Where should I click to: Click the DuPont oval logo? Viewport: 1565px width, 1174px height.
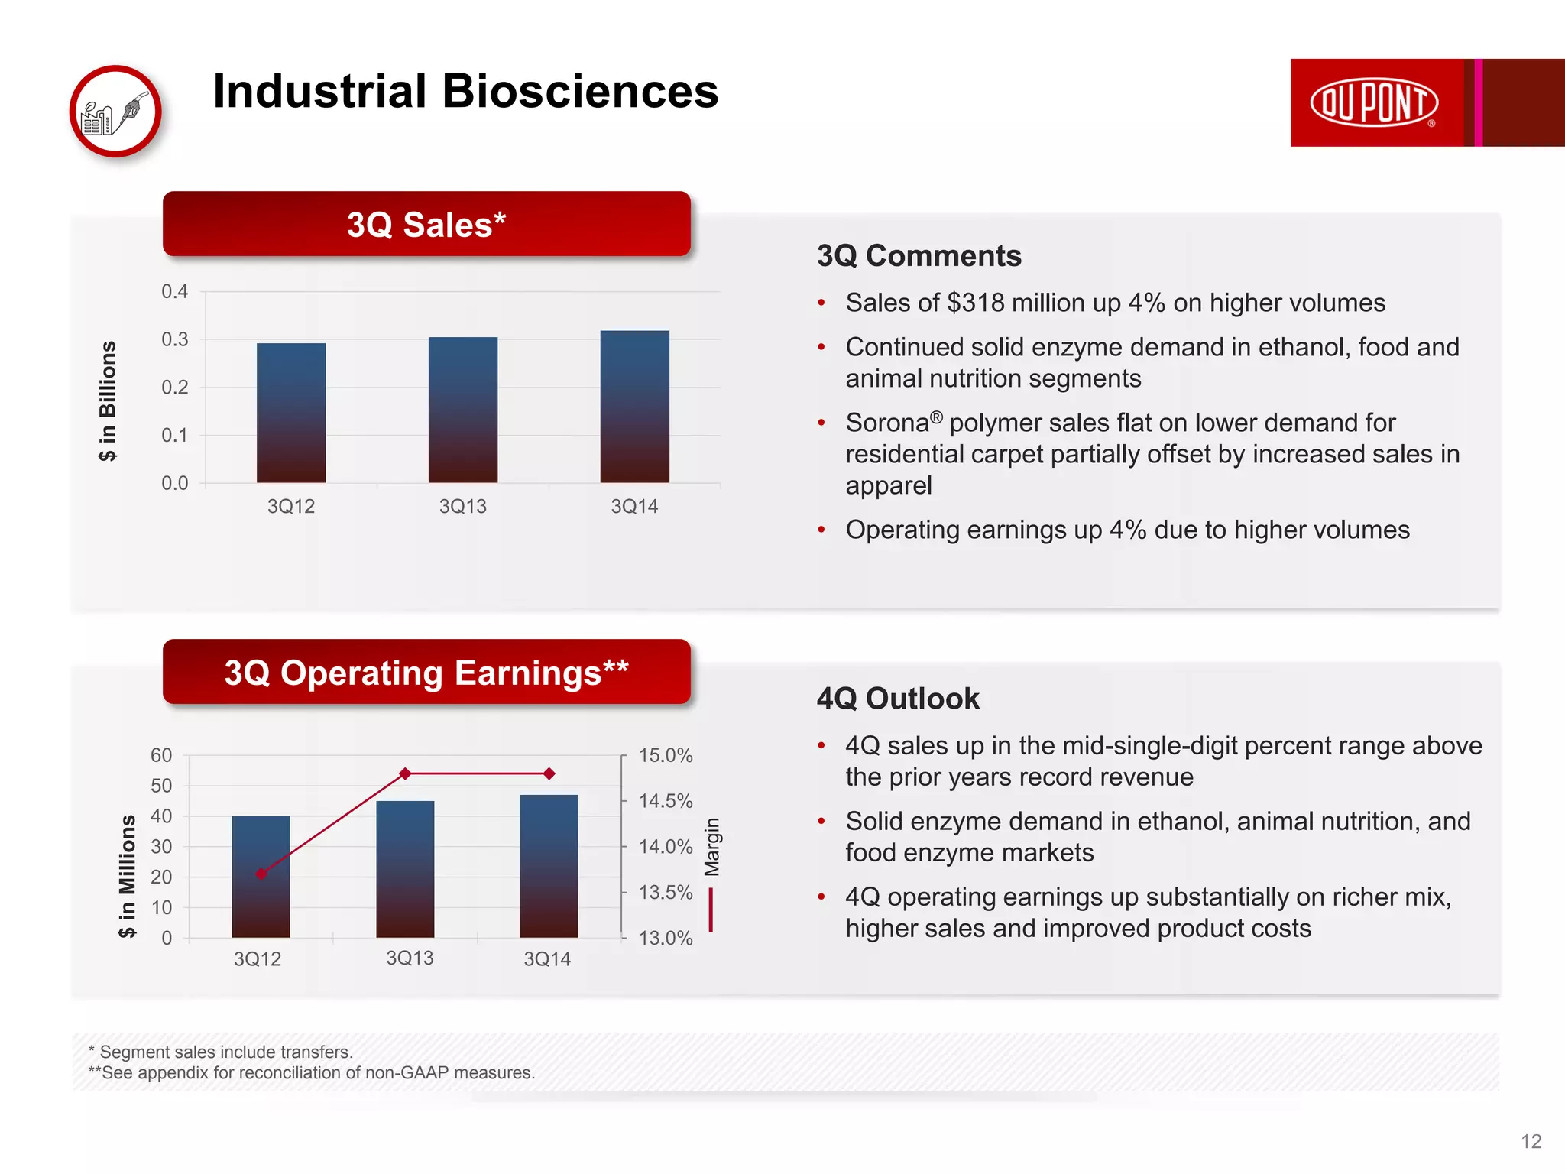pyautogui.click(x=1374, y=102)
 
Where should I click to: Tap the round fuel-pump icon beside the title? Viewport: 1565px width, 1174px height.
pyautogui.click(x=115, y=112)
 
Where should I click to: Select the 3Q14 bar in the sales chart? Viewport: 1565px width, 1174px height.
pyautogui.click(x=634, y=407)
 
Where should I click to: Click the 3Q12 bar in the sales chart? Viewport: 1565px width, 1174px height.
pyautogui.click(x=291, y=413)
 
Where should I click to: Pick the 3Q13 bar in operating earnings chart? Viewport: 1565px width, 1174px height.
pyautogui.click(x=405, y=869)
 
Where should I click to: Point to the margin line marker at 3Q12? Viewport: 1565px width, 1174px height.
pyautogui.click(x=261, y=874)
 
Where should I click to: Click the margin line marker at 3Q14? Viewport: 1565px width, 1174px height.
pyautogui.click(x=549, y=773)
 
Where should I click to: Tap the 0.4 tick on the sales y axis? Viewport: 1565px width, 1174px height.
pyautogui.click(x=174, y=291)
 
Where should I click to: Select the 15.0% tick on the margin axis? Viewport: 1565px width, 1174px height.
pyautogui.click(x=666, y=755)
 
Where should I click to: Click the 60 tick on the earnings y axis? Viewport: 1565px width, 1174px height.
pyautogui.click(x=161, y=755)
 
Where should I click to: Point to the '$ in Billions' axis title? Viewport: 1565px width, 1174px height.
pyautogui.click(x=108, y=401)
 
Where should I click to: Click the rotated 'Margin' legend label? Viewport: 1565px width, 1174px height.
pyautogui.click(x=712, y=847)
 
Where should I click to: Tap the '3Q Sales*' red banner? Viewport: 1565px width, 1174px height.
pyautogui.click(x=426, y=224)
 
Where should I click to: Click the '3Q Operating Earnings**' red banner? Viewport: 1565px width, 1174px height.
pyautogui.click(x=426, y=673)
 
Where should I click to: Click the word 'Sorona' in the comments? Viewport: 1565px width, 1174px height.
pyautogui.click(x=887, y=423)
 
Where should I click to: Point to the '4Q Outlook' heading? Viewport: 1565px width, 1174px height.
pyautogui.click(x=898, y=699)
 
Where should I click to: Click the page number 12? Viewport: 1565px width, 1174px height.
pyautogui.click(x=1531, y=1141)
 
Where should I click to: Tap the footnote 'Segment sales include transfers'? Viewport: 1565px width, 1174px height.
pyautogui.click(x=226, y=1052)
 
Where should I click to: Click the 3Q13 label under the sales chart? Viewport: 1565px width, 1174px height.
pyautogui.click(x=462, y=506)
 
